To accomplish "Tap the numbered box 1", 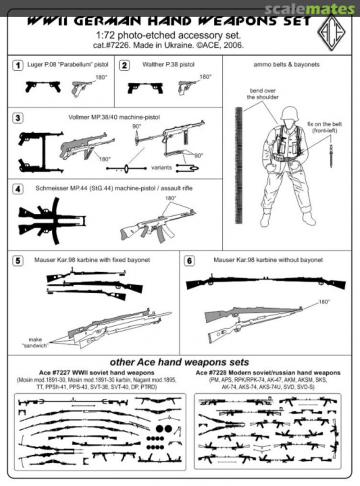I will (17, 66).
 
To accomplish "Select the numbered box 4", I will (17, 189).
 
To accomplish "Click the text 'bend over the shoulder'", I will (262, 94).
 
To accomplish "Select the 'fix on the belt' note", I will (331, 126).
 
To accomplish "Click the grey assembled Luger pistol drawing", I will (81, 87).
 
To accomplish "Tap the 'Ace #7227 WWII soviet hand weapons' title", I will (96, 373).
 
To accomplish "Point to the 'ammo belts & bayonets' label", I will (287, 65).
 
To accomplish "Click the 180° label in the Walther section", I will (205, 77).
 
